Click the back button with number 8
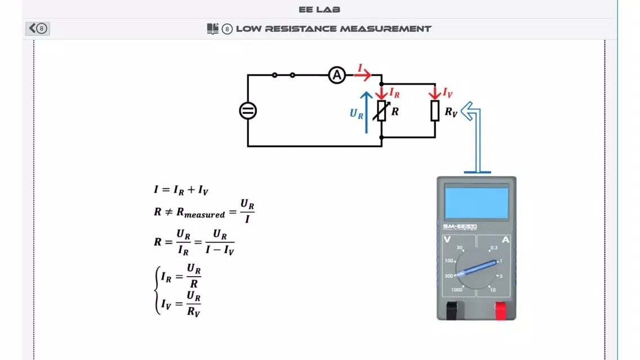38,28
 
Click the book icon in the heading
212,29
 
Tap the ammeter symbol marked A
337,75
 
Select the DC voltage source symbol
248,110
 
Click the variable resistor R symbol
381,110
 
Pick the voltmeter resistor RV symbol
435,110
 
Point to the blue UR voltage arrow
367,112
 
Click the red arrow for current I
363,75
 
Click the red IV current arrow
435,92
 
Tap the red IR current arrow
381,92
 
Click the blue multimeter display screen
477,202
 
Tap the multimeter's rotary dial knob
476,268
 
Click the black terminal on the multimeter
451,310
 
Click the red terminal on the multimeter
500,310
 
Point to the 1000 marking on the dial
457,290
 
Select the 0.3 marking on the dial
494,248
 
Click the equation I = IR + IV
181,190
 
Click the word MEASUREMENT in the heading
385,29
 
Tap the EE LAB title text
319,10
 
